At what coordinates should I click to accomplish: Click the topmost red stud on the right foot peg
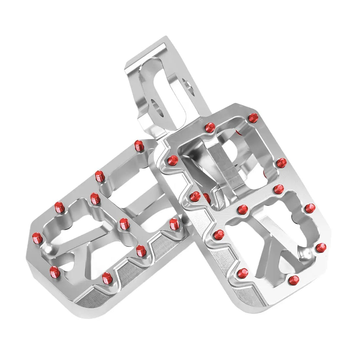[x=253, y=117]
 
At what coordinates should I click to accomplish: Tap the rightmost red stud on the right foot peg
[x=321, y=247]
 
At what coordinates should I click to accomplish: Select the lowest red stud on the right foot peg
[x=294, y=280]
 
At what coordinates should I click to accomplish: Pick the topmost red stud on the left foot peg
[x=139, y=145]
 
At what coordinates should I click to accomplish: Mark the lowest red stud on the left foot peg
[x=106, y=278]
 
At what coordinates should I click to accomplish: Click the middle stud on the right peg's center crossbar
[x=243, y=209]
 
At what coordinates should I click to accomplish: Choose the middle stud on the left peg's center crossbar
[x=124, y=224]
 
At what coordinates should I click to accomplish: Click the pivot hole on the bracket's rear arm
[x=188, y=86]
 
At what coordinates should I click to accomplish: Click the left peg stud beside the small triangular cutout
[x=55, y=271]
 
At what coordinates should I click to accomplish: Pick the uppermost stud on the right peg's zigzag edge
[x=172, y=160]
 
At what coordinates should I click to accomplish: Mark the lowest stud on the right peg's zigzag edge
[x=243, y=272]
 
